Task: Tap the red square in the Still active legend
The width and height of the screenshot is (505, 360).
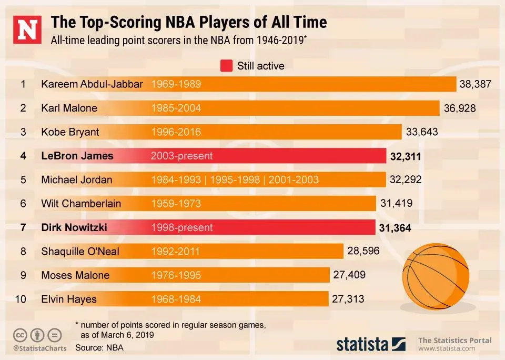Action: click(x=226, y=66)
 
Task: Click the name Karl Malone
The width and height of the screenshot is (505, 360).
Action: click(x=69, y=108)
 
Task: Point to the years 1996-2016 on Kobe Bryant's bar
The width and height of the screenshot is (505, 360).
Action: click(x=176, y=132)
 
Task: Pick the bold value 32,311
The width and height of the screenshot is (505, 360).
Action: click(x=406, y=156)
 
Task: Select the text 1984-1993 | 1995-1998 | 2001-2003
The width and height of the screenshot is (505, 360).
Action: click(x=235, y=180)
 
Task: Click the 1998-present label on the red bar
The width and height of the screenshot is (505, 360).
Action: click(x=181, y=227)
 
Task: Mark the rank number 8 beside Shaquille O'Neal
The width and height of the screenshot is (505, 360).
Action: click(x=23, y=251)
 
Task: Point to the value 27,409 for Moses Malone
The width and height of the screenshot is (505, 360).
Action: click(x=349, y=275)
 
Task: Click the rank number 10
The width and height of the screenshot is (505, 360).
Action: click(x=21, y=299)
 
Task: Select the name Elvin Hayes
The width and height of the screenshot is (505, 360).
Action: click(x=69, y=299)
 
